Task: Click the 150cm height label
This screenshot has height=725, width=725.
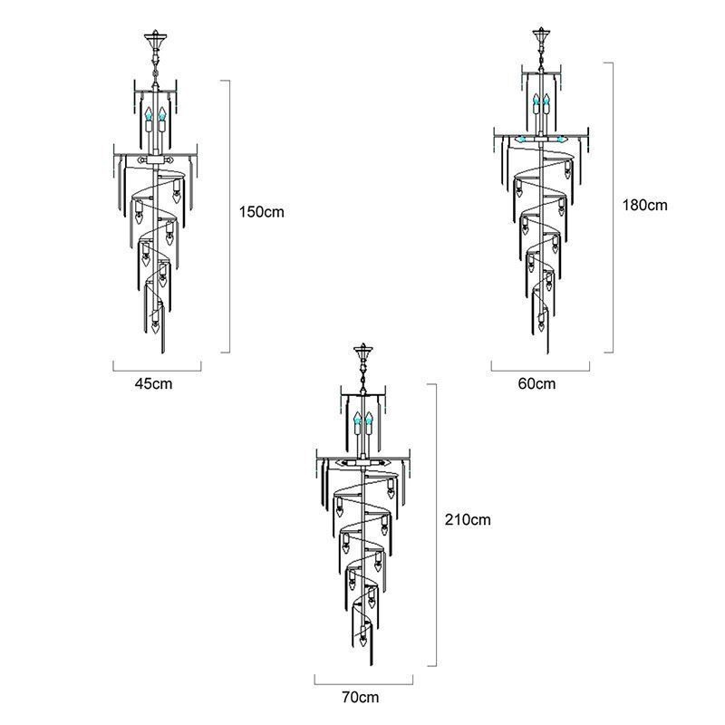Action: [x=261, y=212]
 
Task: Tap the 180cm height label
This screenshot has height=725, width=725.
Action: [x=644, y=205]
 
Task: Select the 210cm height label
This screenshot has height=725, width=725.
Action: [x=468, y=519]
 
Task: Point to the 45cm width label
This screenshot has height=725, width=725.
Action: [x=153, y=383]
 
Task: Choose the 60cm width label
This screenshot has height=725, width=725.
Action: [x=536, y=383]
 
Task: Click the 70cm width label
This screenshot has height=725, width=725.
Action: [x=360, y=697]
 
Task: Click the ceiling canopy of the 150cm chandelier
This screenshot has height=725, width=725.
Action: [x=155, y=39]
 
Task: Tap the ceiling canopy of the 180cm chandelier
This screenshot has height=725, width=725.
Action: [x=541, y=35]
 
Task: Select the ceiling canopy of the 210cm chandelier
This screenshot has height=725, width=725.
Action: [x=363, y=352]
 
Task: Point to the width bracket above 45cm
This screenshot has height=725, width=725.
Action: [x=157, y=371]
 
